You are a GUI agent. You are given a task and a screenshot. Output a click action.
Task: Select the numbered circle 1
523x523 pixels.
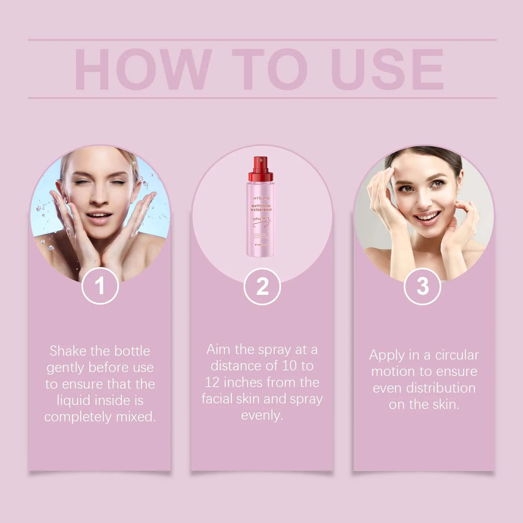click(x=100, y=286)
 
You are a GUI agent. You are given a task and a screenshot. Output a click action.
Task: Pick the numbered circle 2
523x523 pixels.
click(x=262, y=287)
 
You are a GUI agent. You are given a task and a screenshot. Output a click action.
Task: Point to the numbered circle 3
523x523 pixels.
click(x=422, y=287)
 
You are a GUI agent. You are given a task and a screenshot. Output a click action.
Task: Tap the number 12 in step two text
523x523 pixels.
click(x=213, y=383)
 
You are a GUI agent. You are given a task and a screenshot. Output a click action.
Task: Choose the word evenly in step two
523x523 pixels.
click(x=261, y=415)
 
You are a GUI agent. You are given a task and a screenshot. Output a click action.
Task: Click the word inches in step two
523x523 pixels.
click(x=245, y=383)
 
